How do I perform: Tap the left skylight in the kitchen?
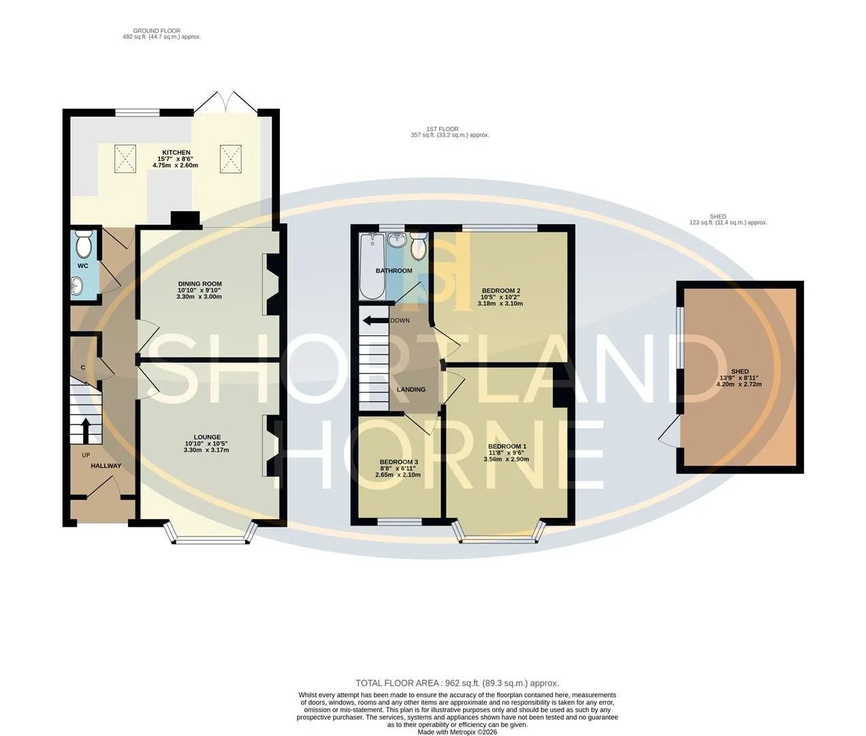coord(125,159)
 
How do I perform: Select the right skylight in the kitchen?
coord(230,159)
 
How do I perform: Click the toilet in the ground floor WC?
coord(84,245)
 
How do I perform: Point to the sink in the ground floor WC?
coord(78,286)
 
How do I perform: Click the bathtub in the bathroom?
coord(372,266)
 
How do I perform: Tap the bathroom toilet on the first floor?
coord(419,246)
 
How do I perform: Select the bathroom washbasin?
coord(396,239)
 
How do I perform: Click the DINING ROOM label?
coord(200,284)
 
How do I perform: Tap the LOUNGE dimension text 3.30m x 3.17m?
coord(206,450)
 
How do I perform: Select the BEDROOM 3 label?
coord(398,462)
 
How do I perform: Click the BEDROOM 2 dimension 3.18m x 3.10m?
coord(500,304)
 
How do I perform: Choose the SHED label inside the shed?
coord(740,371)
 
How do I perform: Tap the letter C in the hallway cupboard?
coord(83,367)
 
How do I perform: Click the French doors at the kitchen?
coord(225,102)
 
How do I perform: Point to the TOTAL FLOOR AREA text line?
coord(457,684)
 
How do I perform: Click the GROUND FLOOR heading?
coord(157,31)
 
